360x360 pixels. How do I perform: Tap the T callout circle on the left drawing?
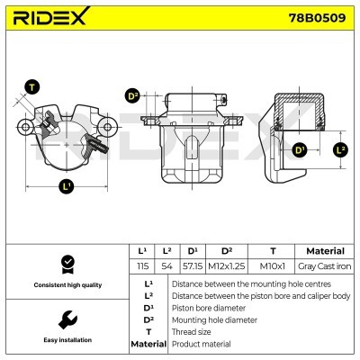[x=32, y=87]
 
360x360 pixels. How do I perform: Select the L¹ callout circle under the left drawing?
[x=67, y=188]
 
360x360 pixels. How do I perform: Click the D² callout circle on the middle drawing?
[x=133, y=96]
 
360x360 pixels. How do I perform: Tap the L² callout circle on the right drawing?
[x=340, y=149]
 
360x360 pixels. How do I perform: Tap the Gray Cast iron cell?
[x=324, y=267]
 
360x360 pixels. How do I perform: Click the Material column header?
[x=325, y=251]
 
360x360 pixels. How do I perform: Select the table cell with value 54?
[x=166, y=267]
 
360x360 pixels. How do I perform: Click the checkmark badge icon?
[x=66, y=264]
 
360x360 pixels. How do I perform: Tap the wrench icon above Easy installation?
[x=66, y=320]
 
